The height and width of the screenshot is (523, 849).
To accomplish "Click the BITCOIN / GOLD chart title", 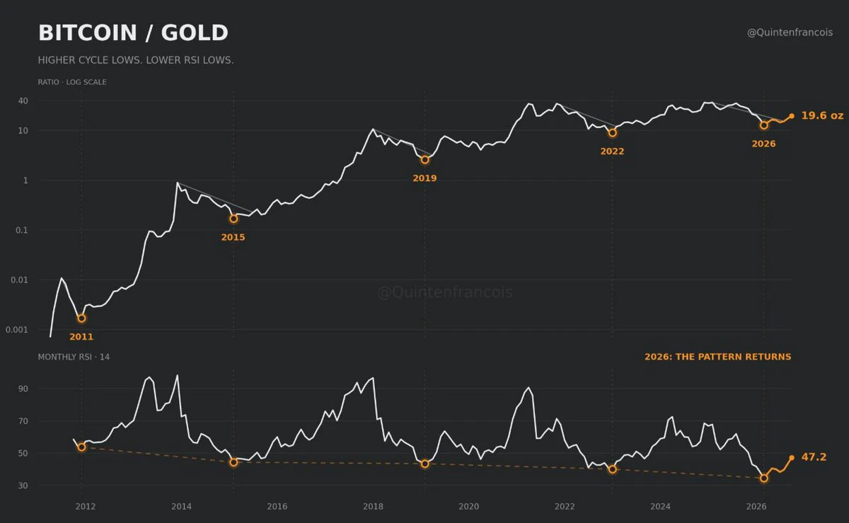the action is pos(133,33).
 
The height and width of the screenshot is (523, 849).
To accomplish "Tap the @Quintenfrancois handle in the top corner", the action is pos(790,33).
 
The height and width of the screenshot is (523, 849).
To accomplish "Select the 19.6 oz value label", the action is pos(822,115).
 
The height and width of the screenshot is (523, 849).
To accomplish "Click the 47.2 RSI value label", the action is pos(814,457).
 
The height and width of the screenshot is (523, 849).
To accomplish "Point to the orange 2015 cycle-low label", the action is pos(233,237).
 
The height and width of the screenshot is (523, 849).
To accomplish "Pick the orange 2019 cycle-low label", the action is pos(424,178).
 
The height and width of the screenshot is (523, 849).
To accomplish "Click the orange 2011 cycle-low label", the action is pos(81,337).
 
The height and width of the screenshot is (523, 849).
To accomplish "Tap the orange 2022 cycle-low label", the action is pos(612,151).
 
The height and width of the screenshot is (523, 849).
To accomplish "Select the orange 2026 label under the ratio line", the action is pos(763,144).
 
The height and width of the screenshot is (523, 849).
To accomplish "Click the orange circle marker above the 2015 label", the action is pos(233,219).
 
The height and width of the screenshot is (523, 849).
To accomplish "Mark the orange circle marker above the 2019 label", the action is pos(425,160).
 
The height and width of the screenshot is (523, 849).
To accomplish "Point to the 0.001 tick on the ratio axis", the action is pos(17,330).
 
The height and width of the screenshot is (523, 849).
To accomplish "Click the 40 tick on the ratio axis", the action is pos(23,101).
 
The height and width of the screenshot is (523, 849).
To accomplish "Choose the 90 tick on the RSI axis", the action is pos(23,389).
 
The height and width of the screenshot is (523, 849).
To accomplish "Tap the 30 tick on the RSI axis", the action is pos(23,485).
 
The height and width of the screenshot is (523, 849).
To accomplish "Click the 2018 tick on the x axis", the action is pos(373,506).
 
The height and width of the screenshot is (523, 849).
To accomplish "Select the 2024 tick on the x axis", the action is pos(660,506).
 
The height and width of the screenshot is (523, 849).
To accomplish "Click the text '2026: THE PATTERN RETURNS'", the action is pos(718,357).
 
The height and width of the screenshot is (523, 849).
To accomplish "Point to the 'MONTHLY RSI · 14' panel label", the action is pos(74,357).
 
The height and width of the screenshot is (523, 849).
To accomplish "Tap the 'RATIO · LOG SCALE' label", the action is pos(72,82).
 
